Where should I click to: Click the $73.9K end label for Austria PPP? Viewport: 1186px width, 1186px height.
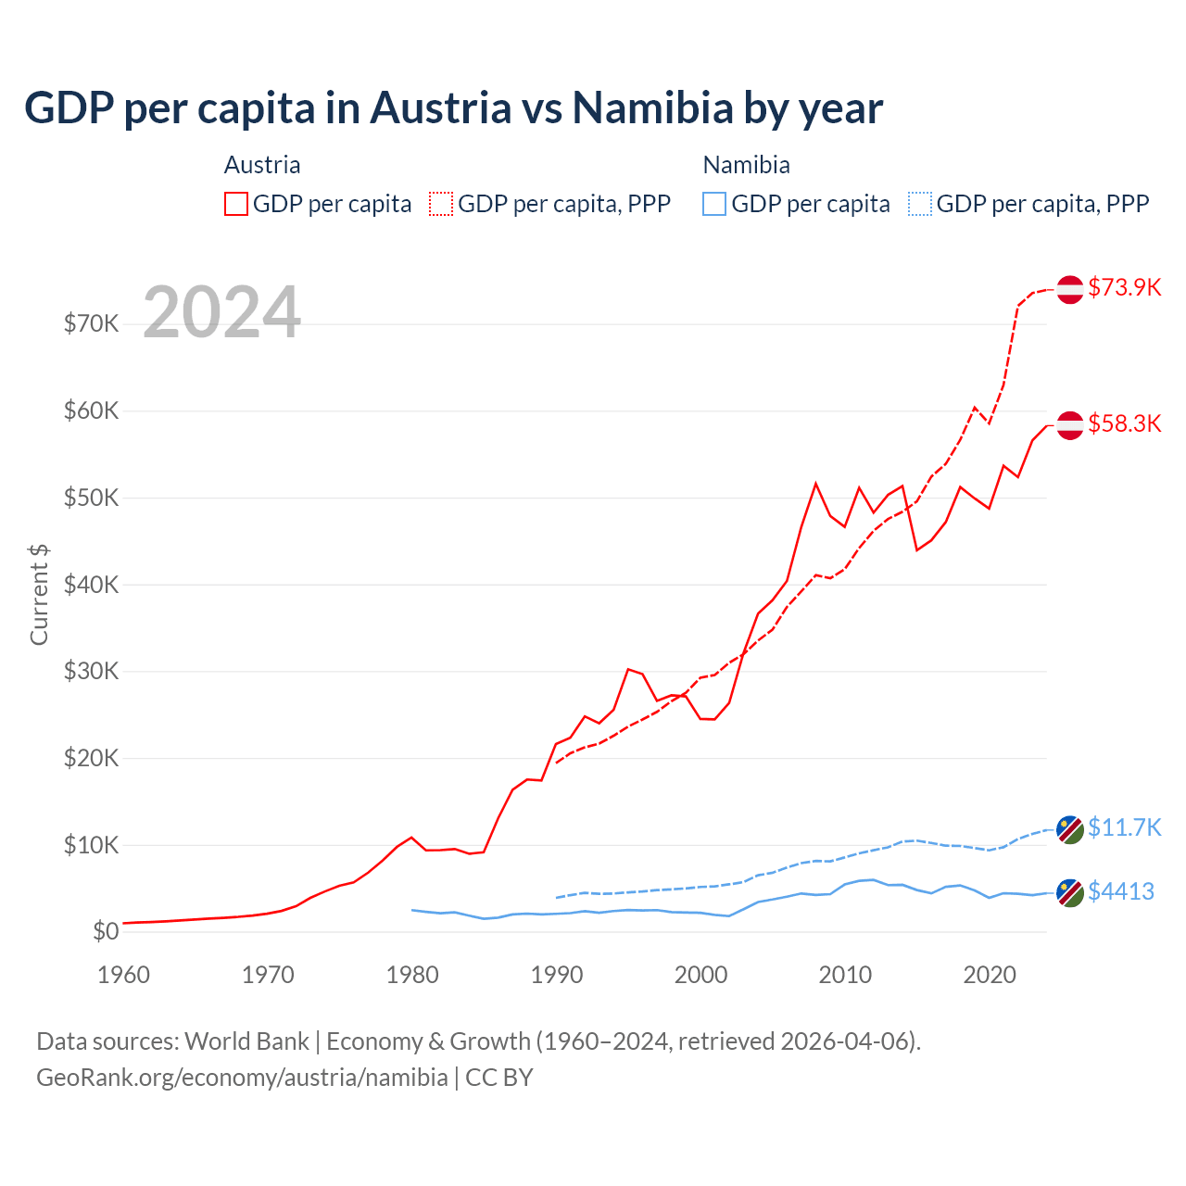coord(1124,287)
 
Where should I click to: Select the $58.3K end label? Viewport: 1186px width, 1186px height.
coord(1124,423)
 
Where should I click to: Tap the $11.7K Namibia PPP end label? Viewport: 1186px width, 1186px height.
coord(1124,827)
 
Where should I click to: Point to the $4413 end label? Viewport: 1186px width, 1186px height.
coord(1120,891)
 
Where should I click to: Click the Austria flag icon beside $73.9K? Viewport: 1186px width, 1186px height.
coord(1070,289)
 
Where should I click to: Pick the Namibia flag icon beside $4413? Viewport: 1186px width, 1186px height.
coord(1070,893)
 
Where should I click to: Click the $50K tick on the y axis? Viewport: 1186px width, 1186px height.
coord(91,498)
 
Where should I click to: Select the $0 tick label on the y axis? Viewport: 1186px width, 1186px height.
coord(106,931)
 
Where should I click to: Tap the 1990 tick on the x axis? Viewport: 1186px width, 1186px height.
coord(557,975)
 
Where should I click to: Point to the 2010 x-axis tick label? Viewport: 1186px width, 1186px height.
coord(845,975)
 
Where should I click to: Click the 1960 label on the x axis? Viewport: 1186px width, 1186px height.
coord(124,975)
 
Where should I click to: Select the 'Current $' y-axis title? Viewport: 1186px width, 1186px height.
coord(39,594)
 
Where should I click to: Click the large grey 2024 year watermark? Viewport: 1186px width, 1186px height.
coord(222,312)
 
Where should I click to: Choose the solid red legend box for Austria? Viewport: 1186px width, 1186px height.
coord(236,204)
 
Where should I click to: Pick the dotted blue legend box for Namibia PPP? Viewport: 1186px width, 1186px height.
coord(919,204)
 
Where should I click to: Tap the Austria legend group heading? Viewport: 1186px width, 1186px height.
coord(262,165)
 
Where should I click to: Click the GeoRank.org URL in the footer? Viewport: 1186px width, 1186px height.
coord(242,1078)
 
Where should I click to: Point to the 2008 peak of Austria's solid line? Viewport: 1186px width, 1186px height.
coord(815,483)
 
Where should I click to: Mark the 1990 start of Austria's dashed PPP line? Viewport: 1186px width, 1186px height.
coord(556,763)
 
